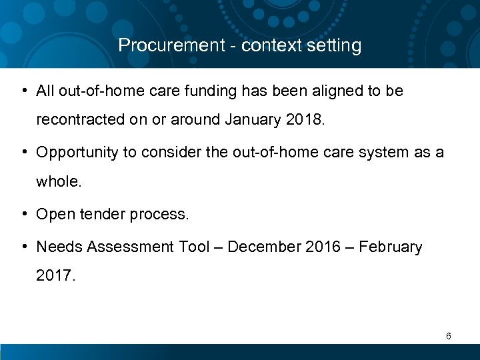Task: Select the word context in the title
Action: click(267, 45)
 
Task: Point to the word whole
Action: click(59, 182)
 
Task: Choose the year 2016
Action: click(323, 247)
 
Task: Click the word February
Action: click(390, 247)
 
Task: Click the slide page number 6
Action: click(449, 337)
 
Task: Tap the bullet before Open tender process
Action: click(24, 214)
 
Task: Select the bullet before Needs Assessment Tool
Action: click(24, 247)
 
